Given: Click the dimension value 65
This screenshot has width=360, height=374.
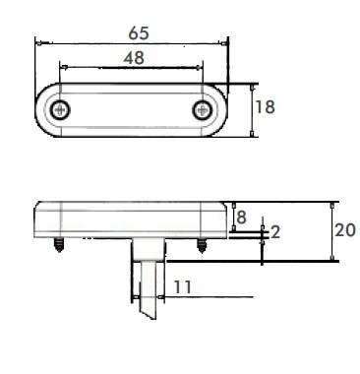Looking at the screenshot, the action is pyautogui.click(x=139, y=33).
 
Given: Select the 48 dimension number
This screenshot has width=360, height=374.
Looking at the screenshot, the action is pyautogui.click(x=134, y=58).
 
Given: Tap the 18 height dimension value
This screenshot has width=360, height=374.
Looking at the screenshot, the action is pyautogui.click(x=266, y=107).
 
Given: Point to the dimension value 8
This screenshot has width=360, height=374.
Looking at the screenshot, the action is pyautogui.click(x=241, y=217).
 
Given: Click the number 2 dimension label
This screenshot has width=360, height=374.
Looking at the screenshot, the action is pyautogui.click(x=275, y=232).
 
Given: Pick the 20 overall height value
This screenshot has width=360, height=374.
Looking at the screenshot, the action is pyautogui.click(x=345, y=230).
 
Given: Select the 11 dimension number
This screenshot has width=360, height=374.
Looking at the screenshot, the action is pyautogui.click(x=182, y=287).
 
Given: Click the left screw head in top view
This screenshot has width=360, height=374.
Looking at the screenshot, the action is pyautogui.click(x=60, y=110).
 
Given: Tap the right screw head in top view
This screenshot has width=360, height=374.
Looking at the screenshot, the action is pyautogui.click(x=202, y=109).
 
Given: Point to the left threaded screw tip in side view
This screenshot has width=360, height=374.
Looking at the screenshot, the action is pyautogui.click(x=59, y=245).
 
